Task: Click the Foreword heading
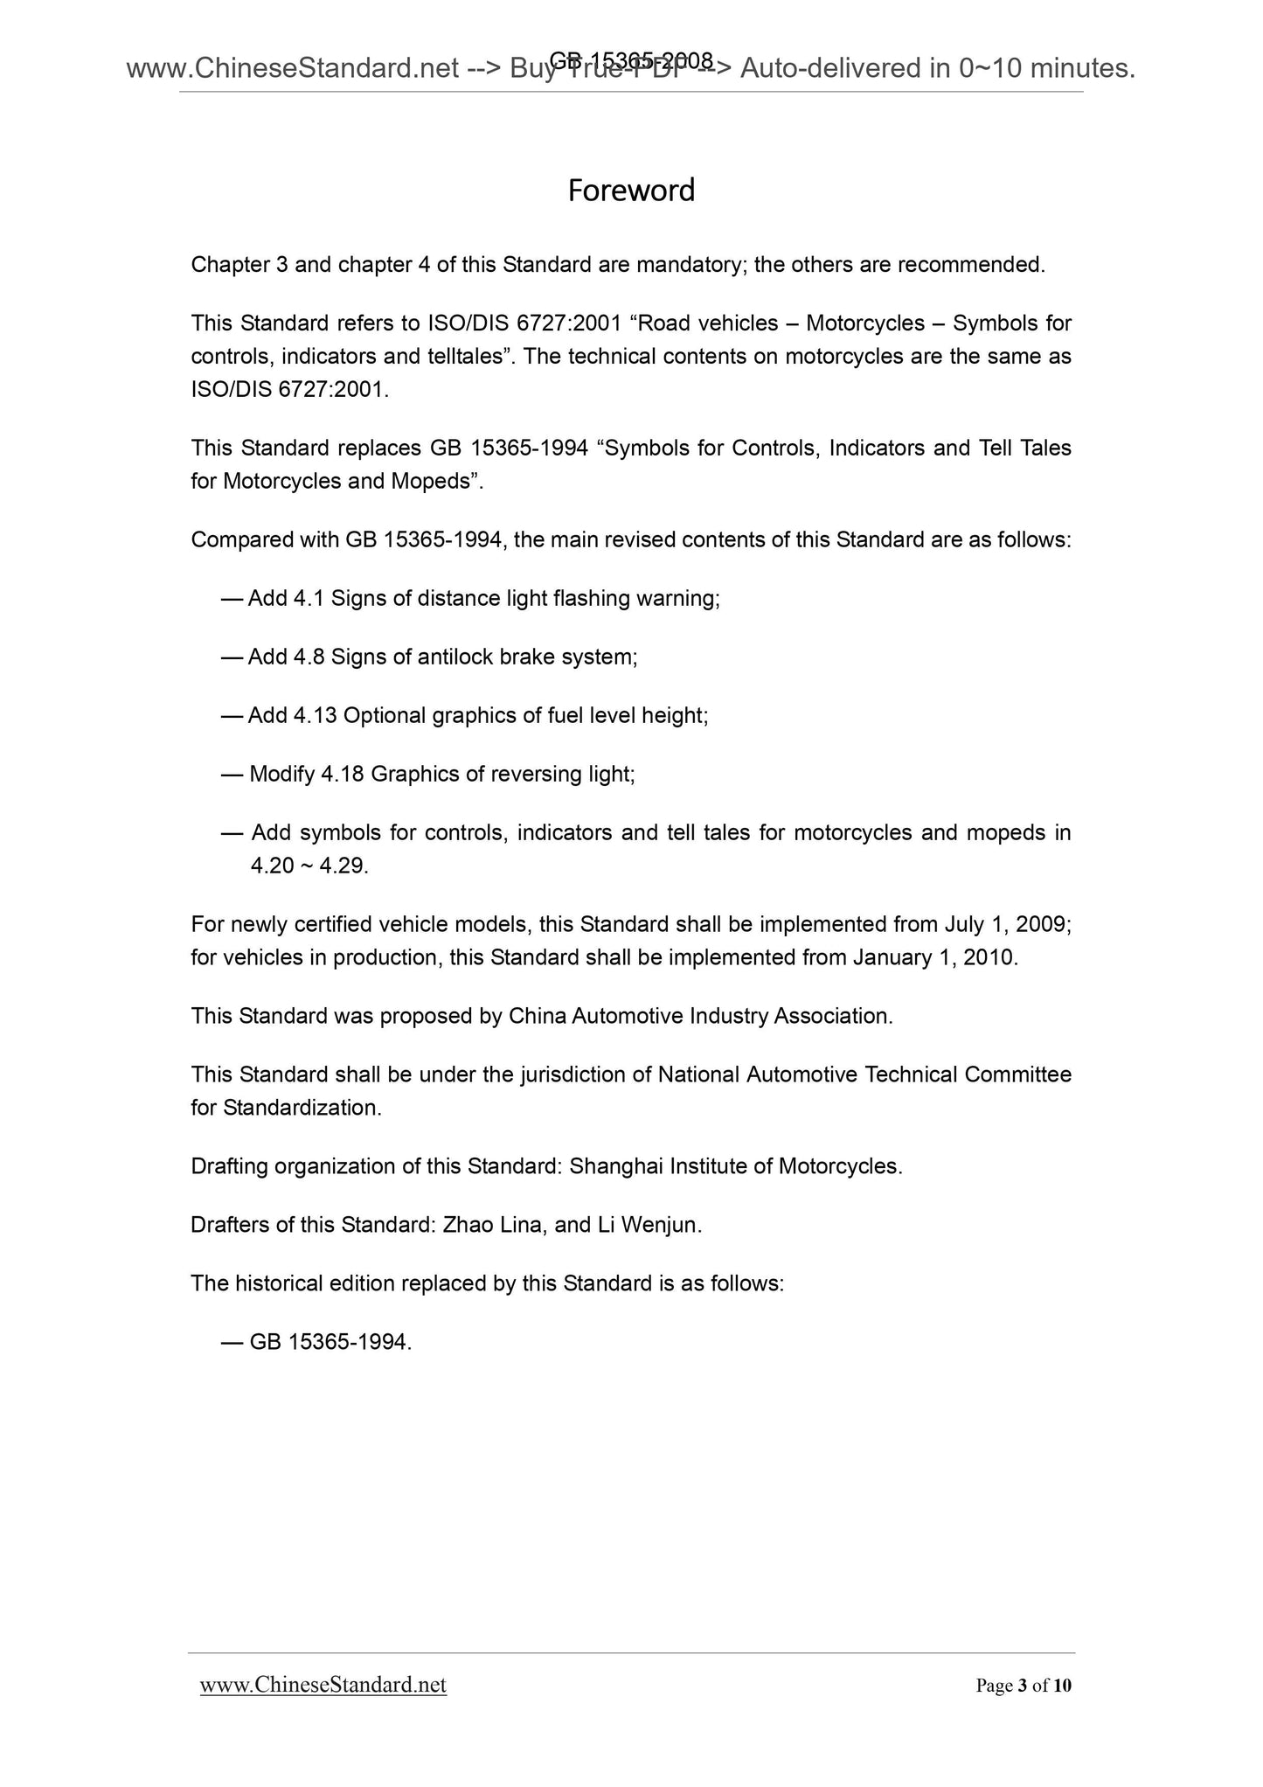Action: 631,191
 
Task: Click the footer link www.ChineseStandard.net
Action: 323,1685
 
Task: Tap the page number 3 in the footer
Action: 1022,1686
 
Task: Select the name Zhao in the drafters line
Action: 468,1226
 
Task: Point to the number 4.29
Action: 344,866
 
